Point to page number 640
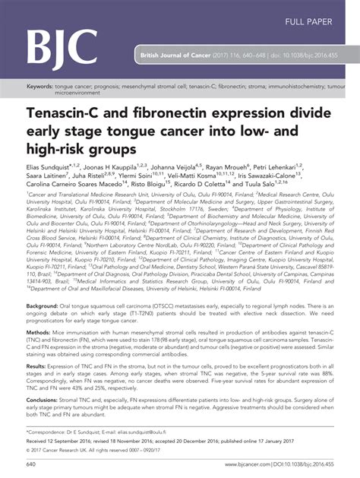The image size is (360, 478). click(x=31, y=464)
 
